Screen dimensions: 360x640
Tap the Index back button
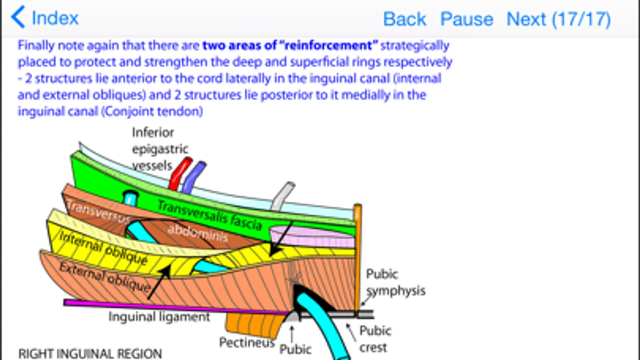tap(45, 18)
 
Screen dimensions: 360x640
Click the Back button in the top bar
tap(404, 19)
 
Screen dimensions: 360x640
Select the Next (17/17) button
tap(558, 19)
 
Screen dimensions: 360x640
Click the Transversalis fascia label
tap(209, 215)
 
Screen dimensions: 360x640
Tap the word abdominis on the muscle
tap(197, 232)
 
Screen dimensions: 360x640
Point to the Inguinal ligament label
tap(159, 317)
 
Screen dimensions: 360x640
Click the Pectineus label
tap(247, 342)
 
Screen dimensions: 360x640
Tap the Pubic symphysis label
tap(395, 282)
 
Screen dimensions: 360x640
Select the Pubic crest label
tap(375, 339)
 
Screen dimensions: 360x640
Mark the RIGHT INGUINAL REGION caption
tap(90, 354)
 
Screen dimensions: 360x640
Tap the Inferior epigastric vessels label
tap(159, 149)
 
